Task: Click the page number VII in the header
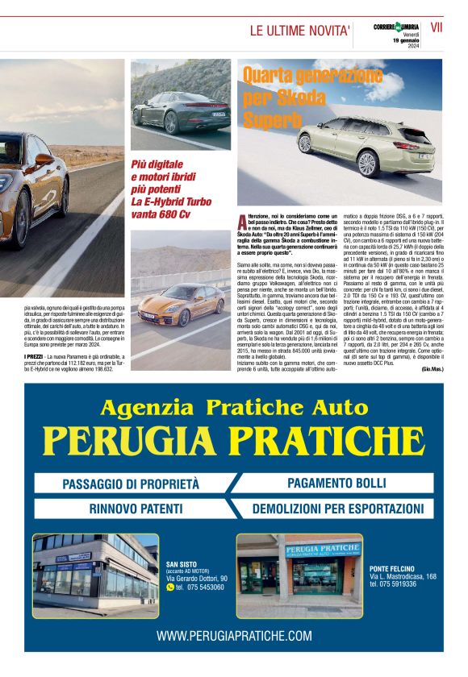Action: pos(437,27)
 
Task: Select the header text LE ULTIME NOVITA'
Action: pos(299,31)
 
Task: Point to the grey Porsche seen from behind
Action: pos(181,105)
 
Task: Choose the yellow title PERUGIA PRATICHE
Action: pos(233,440)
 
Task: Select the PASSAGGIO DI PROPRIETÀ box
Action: pos(132,484)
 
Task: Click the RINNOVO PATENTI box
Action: pos(132,509)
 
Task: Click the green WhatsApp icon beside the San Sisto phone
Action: pos(169,588)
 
